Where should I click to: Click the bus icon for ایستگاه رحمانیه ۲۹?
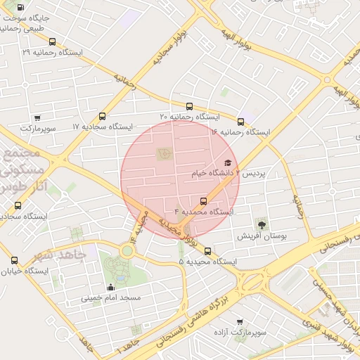click(52, 41)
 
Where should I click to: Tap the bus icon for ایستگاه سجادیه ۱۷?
click(103, 117)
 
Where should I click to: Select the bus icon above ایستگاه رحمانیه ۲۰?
click(188, 106)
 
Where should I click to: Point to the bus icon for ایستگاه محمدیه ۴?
click(204, 201)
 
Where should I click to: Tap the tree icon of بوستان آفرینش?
click(262, 225)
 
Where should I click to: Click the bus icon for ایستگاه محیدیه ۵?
click(207, 252)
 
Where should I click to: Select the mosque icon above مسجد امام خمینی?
click(110, 288)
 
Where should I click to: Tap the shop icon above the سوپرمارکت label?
click(37, 117)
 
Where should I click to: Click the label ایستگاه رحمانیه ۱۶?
click(240, 131)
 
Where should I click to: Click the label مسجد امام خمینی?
click(111, 297)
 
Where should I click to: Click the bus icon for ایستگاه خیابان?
click(14, 260)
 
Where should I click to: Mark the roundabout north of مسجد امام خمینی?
click(127, 249)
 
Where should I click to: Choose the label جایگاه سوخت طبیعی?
click(28, 22)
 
